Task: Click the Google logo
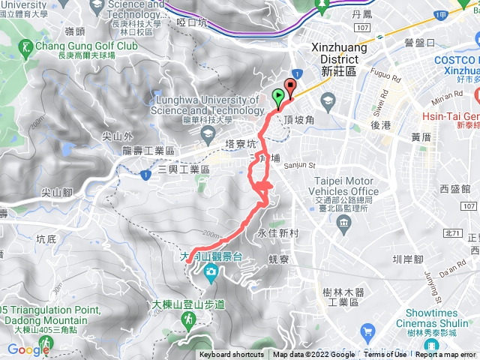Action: (x=28, y=349)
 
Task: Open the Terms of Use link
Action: (x=385, y=355)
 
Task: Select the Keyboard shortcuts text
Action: (x=231, y=355)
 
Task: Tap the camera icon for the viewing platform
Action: (x=211, y=271)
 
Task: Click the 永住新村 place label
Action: (x=278, y=234)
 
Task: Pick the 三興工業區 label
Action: (x=183, y=171)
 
